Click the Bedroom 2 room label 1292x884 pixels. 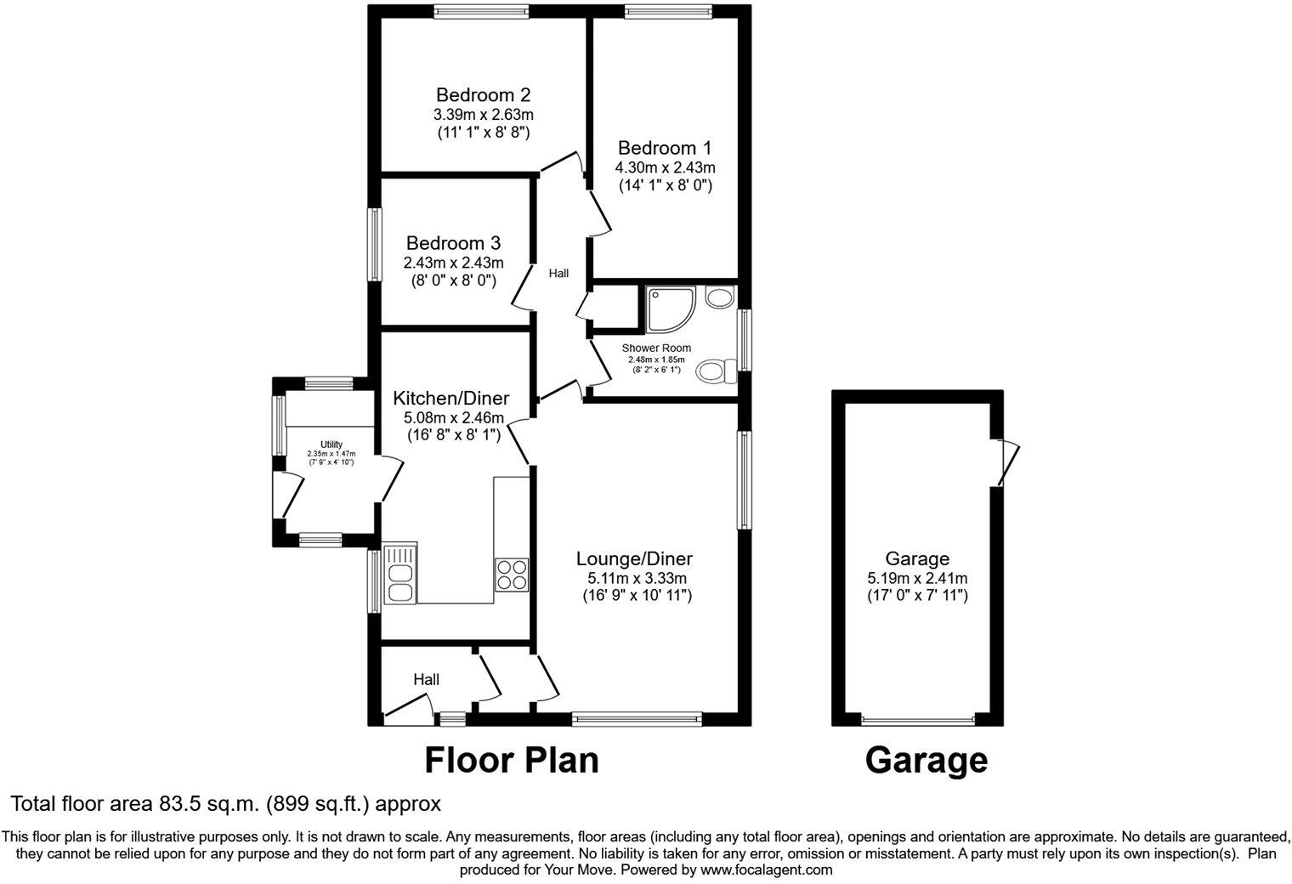click(x=484, y=94)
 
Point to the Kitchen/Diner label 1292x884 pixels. click(x=450, y=398)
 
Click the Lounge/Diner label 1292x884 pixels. click(x=634, y=559)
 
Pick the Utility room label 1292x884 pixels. click(x=331, y=445)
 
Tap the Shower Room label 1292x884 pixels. click(x=656, y=348)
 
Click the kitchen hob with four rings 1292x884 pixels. click(x=512, y=575)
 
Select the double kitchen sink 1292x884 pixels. click(x=399, y=574)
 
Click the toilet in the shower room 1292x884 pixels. click(x=717, y=371)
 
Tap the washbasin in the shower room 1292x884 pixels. click(x=721, y=297)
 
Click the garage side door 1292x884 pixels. click(x=1004, y=462)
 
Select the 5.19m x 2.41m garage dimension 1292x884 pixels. click(x=916, y=578)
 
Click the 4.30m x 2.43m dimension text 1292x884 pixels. click(x=665, y=167)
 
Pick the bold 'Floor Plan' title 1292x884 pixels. click(x=512, y=760)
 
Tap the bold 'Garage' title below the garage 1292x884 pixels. click(x=926, y=760)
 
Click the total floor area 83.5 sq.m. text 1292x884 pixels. click(x=225, y=803)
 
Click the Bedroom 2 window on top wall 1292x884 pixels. click(x=480, y=11)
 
